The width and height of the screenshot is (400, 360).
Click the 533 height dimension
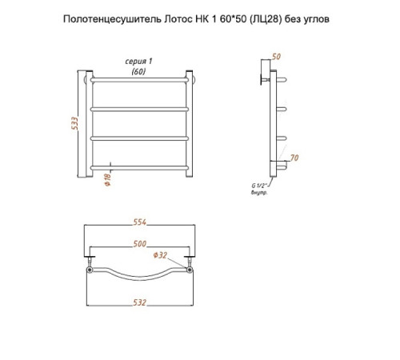[75, 123]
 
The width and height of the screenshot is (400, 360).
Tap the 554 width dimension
[140, 222]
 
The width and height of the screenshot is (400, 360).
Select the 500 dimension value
[140, 244]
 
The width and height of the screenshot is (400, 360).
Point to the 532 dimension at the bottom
[140, 302]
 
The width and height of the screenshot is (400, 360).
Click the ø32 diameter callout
[160, 255]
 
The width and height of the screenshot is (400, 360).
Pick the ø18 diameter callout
[108, 179]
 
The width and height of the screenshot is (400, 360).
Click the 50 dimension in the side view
[276, 57]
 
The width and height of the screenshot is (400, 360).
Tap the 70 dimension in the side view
[294, 158]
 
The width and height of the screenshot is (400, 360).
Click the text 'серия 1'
[138, 62]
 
